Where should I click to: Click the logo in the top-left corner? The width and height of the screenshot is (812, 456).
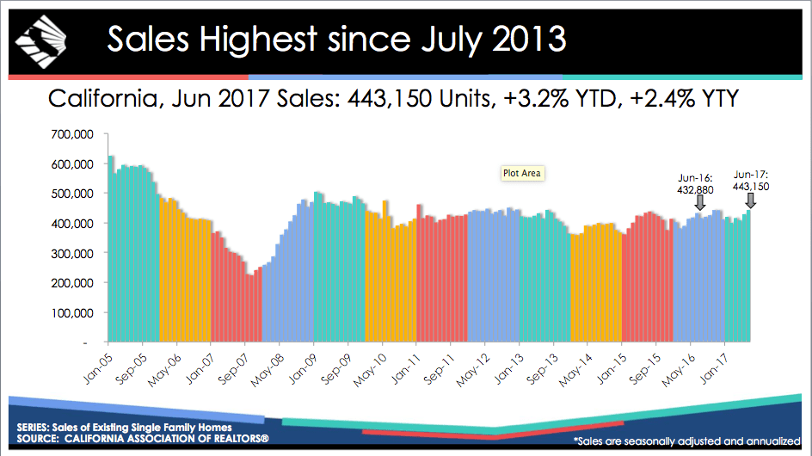pyautogui.click(x=39, y=38)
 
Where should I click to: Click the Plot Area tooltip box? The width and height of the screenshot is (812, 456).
pyautogui.click(x=522, y=173)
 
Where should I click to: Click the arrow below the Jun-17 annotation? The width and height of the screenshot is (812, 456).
pyautogui.click(x=751, y=200)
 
